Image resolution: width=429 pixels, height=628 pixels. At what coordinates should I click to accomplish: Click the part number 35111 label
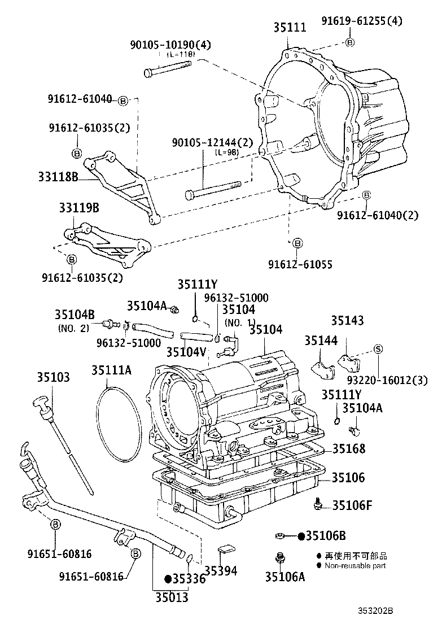tap(290, 27)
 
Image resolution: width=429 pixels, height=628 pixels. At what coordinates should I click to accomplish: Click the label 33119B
tap(78, 208)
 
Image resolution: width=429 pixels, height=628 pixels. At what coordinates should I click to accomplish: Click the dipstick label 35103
tap(54, 377)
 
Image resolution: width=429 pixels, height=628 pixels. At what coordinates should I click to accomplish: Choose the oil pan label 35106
tap(348, 477)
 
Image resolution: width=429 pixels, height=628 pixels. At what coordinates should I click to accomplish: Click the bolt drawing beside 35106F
tap(319, 503)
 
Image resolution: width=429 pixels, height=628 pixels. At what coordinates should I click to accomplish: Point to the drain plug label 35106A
tap(285, 577)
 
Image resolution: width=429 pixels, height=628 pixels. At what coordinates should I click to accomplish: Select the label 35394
tap(220, 570)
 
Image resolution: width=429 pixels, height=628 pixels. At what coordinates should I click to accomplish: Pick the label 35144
tap(321, 341)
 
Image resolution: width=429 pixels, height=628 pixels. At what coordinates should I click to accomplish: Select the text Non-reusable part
tap(355, 565)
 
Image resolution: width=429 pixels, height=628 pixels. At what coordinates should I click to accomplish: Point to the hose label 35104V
tap(186, 351)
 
